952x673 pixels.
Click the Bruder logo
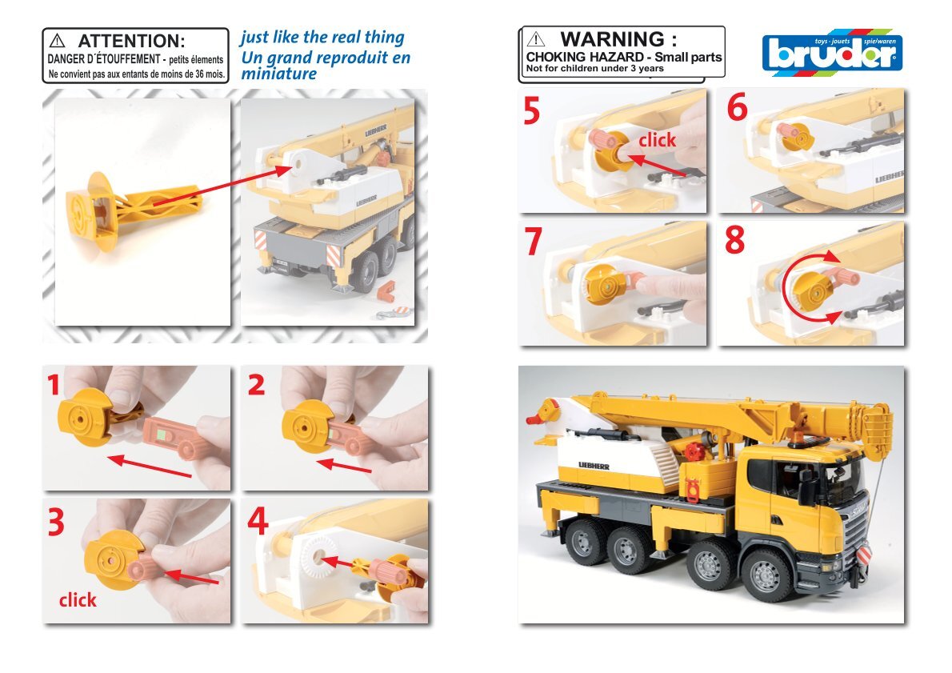pos(832,52)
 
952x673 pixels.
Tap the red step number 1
pos(54,384)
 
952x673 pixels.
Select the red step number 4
pos(258,520)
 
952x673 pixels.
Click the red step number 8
pos(734,240)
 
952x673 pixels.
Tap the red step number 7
pos(533,241)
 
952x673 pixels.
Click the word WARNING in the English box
pos(612,39)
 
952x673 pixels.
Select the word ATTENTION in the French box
pos(131,42)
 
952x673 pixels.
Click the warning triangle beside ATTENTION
pos(57,41)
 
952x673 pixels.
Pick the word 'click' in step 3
pos(78,600)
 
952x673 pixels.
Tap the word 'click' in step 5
pos(657,140)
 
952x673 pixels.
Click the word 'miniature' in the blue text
pos(278,74)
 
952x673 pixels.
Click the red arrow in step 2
pos(344,466)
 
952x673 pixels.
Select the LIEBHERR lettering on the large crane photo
pos(594,466)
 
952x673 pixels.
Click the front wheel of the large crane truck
pos(766,575)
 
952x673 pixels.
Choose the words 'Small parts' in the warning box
pos(688,57)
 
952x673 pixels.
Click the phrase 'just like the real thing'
pos(322,38)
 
